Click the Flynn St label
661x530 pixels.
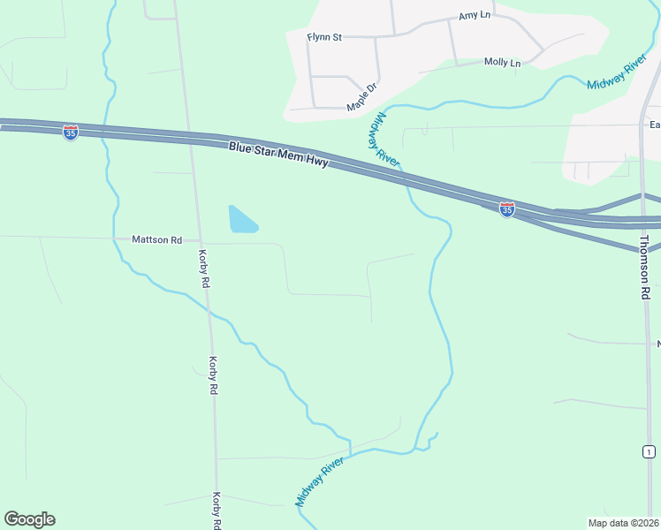(x=323, y=37)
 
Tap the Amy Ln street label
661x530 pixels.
(x=475, y=16)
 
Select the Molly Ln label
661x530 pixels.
(x=502, y=62)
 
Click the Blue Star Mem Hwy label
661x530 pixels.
(x=278, y=155)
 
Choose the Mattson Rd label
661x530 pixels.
(x=156, y=239)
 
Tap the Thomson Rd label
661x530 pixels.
(x=645, y=267)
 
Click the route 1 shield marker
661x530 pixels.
(x=649, y=451)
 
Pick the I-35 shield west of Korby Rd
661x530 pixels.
(x=71, y=132)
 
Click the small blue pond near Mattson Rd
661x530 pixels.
(x=241, y=220)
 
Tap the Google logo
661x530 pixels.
(x=29, y=519)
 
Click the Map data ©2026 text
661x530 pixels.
(x=623, y=523)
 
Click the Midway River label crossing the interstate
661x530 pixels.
(x=386, y=139)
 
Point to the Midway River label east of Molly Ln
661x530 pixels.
(x=618, y=74)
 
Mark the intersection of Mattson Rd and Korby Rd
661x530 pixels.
(x=201, y=240)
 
